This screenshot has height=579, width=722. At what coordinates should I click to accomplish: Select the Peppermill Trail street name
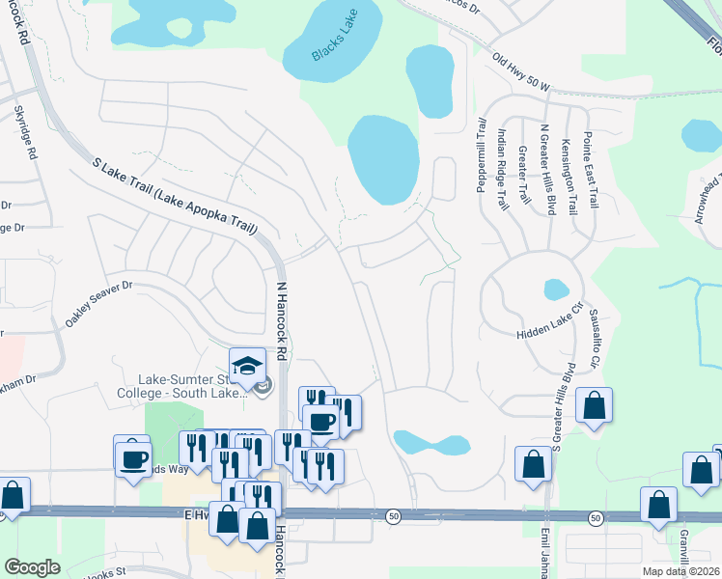[x=481, y=154]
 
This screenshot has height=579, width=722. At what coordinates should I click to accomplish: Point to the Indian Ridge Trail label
[x=502, y=169]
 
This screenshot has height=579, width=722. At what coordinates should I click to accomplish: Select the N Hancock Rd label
[x=283, y=316]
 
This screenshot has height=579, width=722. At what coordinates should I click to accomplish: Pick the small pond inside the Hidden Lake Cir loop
[x=556, y=289]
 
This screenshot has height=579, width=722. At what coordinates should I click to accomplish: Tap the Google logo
[x=32, y=567]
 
